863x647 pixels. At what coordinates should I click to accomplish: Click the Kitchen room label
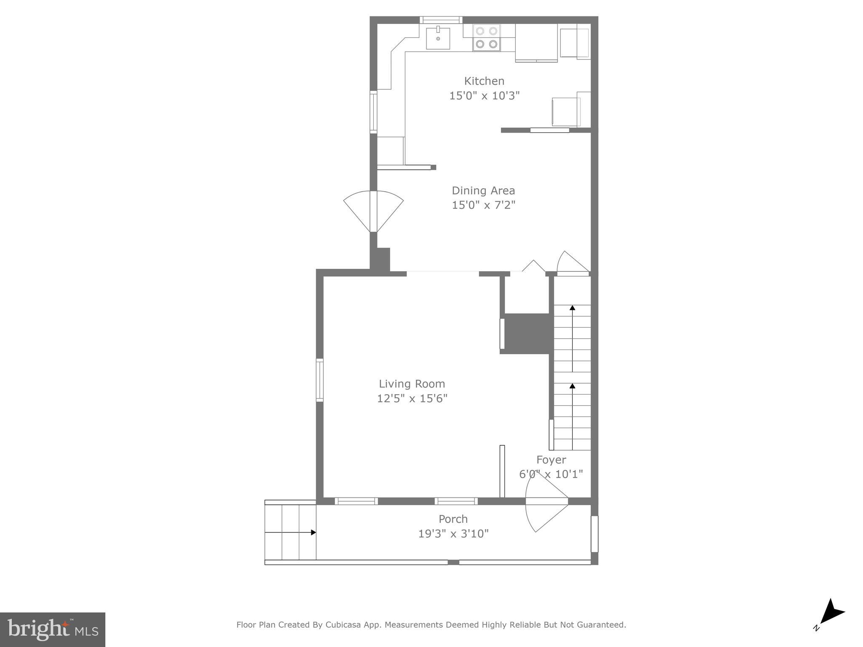[484, 81]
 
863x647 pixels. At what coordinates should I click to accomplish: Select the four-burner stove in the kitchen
[486, 38]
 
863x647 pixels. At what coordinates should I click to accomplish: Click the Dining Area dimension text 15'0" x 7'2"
[483, 205]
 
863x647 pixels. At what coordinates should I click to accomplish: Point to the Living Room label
[412, 384]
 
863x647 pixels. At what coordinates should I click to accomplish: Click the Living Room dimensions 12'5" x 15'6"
[412, 398]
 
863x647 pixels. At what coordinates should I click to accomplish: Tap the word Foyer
[551, 460]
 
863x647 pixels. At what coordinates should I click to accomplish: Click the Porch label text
[453, 519]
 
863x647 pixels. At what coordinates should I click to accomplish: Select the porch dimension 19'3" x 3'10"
[453, 534]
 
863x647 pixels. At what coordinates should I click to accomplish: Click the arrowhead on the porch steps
[313, 532]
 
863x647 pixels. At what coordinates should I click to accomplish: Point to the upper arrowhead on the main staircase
[572, 308]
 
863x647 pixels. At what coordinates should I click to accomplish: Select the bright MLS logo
[52, 629]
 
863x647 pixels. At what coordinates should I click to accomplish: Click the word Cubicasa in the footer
[343, 625]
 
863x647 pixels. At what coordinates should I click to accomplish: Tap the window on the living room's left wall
[320, 380]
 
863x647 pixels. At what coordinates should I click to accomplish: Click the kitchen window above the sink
[441, 20]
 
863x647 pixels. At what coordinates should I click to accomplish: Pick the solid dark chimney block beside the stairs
[527, 333]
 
